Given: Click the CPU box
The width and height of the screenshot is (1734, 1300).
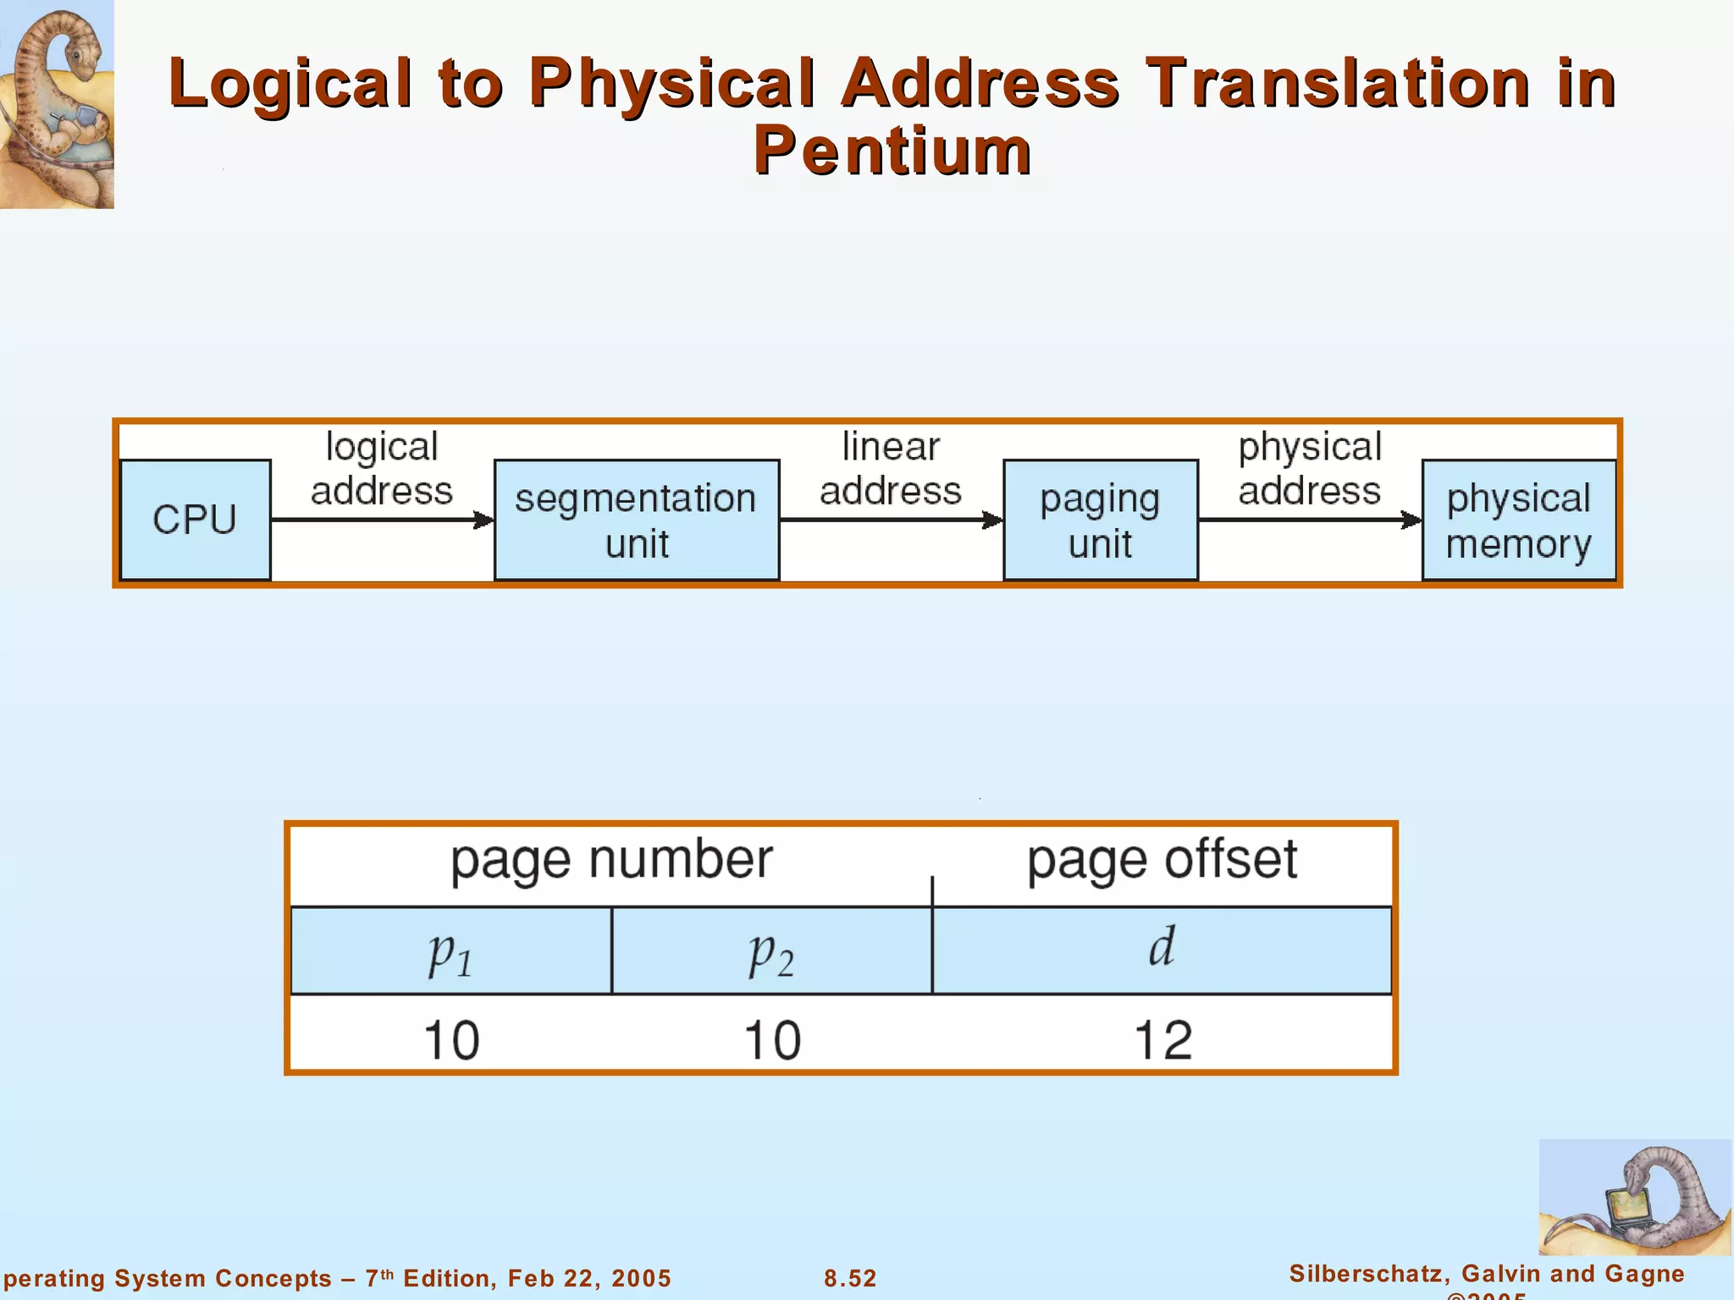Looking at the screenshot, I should tap(195, 520).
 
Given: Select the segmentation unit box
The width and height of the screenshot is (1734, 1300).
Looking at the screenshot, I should tap(636, 520).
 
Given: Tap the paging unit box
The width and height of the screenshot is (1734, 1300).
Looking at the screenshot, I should tap(1100, 520).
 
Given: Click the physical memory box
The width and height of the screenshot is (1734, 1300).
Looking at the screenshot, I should tap(1518, 520).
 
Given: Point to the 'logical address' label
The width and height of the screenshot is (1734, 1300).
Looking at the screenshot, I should tap(382, 469).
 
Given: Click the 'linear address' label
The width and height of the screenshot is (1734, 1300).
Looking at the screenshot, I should tap(891, 469).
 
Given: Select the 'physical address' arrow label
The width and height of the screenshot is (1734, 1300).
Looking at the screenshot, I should tap(1310, 469).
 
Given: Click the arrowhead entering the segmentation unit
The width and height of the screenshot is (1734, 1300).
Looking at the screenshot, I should tap(484, 520).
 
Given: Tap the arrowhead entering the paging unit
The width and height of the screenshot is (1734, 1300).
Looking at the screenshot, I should tap(993, 520).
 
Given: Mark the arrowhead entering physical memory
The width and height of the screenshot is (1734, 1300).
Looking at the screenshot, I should tap(1411, 520).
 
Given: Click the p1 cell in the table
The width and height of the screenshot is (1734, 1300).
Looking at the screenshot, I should tap(450, 950).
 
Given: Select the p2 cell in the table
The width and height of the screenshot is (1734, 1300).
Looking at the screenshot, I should tap(771, 950).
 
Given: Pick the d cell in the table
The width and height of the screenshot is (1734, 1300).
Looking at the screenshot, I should tap(1162, 950).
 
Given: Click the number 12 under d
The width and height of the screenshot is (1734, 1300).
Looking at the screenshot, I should tap(1162, 1040).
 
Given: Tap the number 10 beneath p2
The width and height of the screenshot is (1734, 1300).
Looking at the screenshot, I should tap(772, 1040).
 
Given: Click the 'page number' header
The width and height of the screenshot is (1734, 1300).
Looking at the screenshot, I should tap(611, 860).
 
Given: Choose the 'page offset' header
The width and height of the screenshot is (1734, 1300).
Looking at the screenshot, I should tap(1162, 860).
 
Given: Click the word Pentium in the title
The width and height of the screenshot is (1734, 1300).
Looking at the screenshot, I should tap(892, 151).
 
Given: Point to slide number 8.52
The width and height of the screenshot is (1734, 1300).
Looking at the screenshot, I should tap(850, 1278).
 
